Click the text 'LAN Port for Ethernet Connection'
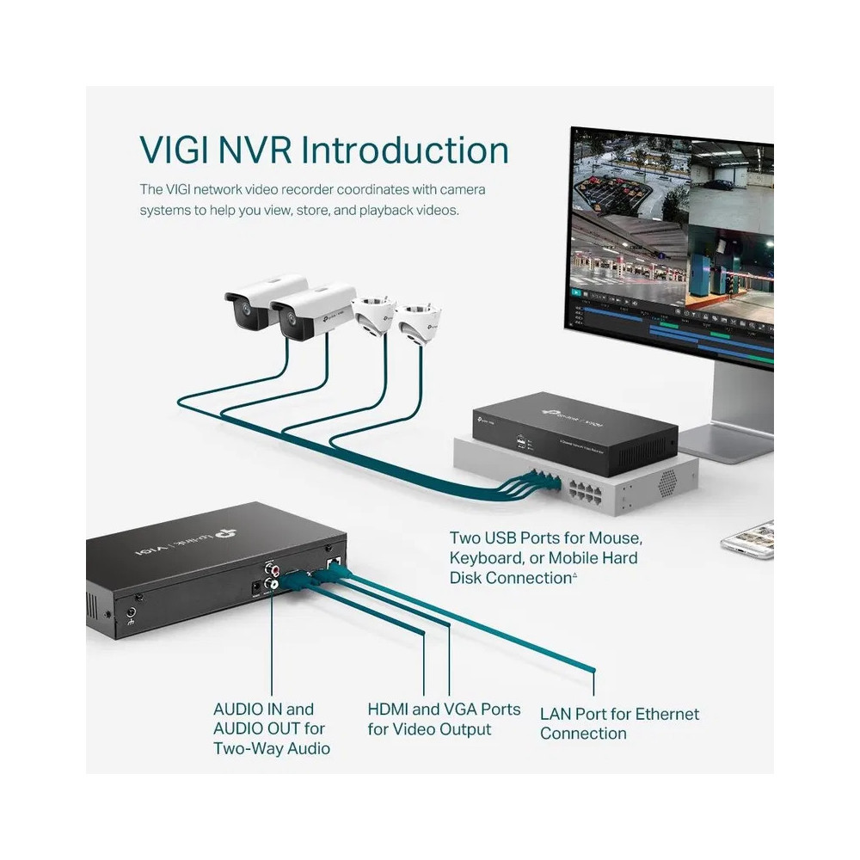point(619,723)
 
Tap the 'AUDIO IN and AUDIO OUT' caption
point(271,728)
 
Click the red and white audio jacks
point(274,575)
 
